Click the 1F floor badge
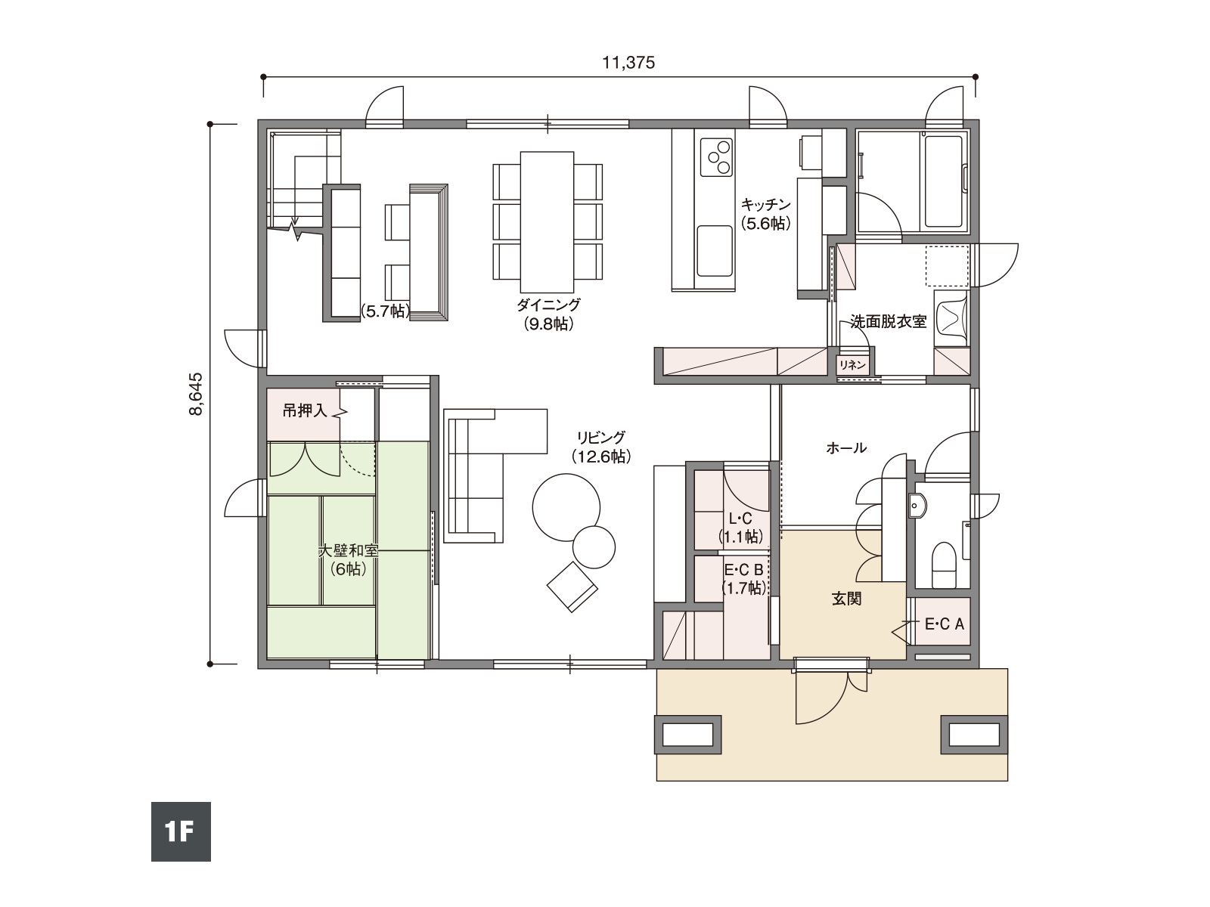click(181, 831)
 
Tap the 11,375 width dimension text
click(628, 63)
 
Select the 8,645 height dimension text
click(196, 395)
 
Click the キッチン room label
click(765, 205)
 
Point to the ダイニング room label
click(548, 305)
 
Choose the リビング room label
click(601, 438)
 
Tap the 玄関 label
click(846, 599)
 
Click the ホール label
click(846, 447)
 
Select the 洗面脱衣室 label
click(888, 322)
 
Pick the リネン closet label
click(852, 365)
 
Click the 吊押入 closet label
click(305, 410)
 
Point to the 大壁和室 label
click(348, 550)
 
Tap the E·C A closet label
click(945, 624)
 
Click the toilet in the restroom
click(943, 565)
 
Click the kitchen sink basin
click(715, 251)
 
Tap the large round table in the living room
click(566, 507)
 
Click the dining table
click(547, 222)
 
